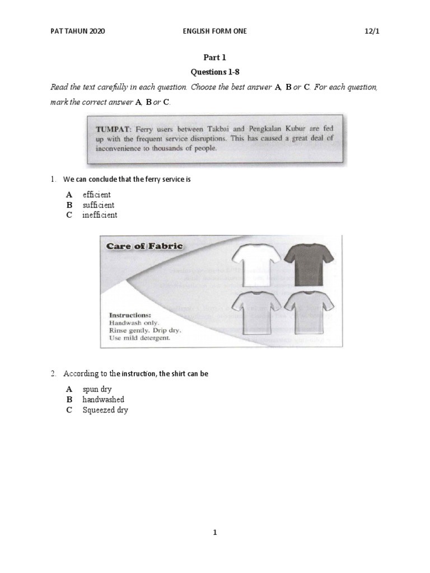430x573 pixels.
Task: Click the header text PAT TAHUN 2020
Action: click(x=77, y=32)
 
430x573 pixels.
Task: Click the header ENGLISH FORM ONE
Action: click(x=215, y=32)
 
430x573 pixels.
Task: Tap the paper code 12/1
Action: click(x=371, y=32)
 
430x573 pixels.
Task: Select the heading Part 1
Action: click(x=215, y=58)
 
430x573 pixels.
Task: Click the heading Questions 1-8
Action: click(x=215, y=73)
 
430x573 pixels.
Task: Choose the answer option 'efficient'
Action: click(x=96, y=195)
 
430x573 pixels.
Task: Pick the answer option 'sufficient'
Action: click(x=98, y=205)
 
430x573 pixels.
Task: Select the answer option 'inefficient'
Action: click(x=100, y=215)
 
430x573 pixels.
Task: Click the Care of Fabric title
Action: click(x=141, y=246)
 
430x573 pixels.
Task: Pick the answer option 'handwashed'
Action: click(x=103, y=400)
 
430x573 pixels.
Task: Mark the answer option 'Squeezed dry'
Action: click(x=105, y=410)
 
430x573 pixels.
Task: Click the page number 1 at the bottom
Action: click(x=215, y=533)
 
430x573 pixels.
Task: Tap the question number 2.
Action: click(x=53, y=373)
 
